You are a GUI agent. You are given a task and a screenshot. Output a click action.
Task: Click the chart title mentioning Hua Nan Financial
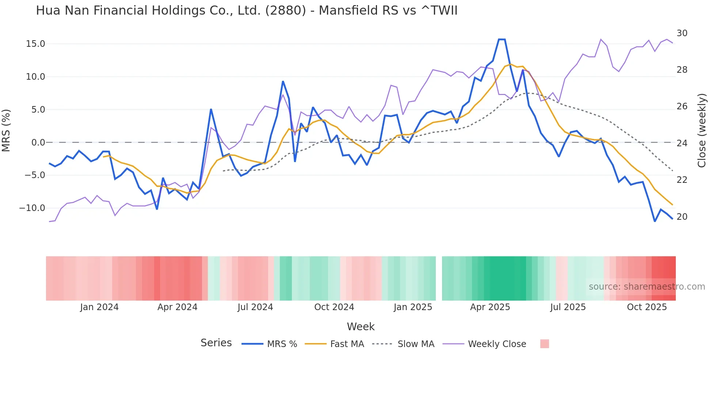(x=247, y=11)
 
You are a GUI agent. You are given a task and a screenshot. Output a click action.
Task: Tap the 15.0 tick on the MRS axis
(x=35, y=44)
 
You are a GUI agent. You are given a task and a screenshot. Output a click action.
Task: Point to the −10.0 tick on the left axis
(x=32, y=208)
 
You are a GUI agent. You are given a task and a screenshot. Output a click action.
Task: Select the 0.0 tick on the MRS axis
(x=38, y=143)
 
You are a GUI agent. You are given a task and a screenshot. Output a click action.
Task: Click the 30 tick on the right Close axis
(x=682, y=33)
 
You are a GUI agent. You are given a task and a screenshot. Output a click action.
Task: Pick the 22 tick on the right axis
(x=682, y=180)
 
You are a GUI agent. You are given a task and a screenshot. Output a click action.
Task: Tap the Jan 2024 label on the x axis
(x=99, y=307)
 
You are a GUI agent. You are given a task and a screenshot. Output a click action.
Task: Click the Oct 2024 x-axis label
(x=334, y=307)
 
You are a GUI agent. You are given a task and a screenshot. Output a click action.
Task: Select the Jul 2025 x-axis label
(x=568, y=307)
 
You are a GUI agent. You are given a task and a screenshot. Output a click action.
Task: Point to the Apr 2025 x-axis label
(x=490, y=307)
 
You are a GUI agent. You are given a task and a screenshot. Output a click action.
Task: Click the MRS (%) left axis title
(x=6, y=130)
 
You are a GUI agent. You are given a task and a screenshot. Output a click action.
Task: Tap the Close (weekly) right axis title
(x=702, y=131)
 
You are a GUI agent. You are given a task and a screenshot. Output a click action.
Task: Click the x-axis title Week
(x=361, y=327)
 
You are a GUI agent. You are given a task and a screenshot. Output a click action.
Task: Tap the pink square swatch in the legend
(x=544, y=344)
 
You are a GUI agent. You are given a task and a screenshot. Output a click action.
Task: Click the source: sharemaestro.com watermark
(x=647, y=287)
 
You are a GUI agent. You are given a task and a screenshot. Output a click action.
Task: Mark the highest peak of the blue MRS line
(x=502, y=39)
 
